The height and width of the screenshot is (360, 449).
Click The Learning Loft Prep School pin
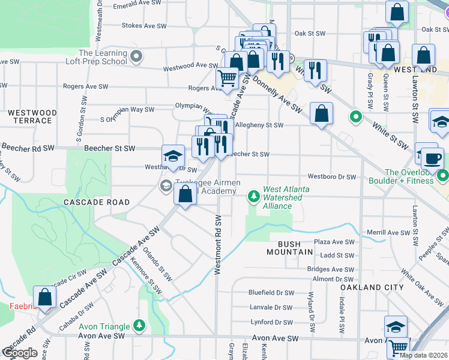tap(137, 57)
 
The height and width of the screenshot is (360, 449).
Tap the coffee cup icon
tap(432, 159)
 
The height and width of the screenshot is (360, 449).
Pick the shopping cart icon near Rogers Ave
tap(227, 78)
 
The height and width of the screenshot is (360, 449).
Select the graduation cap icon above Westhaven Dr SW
tap(173, 156)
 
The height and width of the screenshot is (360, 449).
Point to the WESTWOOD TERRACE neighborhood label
tap(32, 116)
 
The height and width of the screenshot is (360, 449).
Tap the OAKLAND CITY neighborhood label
tap(372, 287)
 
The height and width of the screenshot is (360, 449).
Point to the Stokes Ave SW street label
tap(143, 26)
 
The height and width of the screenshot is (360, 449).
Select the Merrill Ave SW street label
tap(385, 232)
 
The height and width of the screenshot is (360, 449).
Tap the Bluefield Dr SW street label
tap(271, 293)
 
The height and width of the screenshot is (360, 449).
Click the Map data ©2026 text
tap(424, 355)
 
